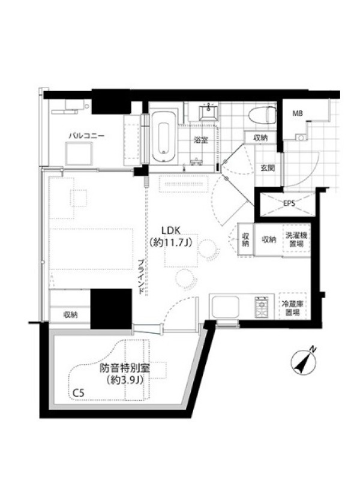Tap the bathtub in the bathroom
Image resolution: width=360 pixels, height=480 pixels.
tap(164, 137)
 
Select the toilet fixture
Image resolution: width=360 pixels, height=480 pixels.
tap(262, 115)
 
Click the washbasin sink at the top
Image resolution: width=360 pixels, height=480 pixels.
tap(209, 112)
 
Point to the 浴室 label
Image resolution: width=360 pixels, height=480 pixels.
tap(201, 140)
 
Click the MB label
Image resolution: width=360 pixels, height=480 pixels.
tap(298, 113)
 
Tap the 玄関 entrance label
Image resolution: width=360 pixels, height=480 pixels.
tap(268, 168)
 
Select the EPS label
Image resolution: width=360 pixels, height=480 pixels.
tap(289, 203)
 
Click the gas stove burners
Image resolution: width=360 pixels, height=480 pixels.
tap(262, 308)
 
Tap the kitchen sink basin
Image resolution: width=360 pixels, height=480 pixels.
tap(224, 307)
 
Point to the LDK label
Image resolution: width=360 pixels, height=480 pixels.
tap(172, 230)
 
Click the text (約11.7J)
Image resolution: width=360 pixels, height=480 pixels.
tap(171, 243)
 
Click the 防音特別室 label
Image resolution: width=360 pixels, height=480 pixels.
tap(125, 368)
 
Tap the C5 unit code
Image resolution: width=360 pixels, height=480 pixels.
tap(79, 393)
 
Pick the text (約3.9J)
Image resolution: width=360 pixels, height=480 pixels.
tap(125, 380)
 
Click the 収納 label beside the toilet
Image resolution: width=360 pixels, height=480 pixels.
tap(260, 138)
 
